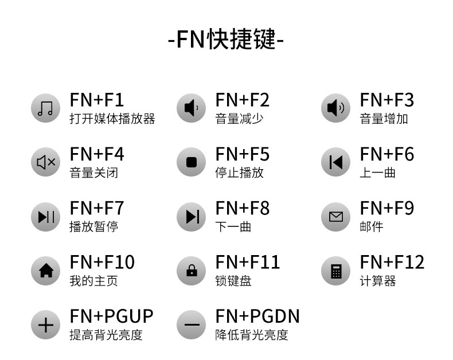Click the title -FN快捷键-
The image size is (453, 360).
(x=226, y=39)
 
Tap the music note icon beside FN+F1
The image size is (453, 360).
(x=45, y=108)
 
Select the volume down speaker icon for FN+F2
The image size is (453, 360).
(x=191, y=108)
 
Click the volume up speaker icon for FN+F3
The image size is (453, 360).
(x=335, y=108)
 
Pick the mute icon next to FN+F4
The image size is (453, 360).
(x=45, y=162)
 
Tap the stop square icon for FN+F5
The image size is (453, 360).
(x=191, y=162)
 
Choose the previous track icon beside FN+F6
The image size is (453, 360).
(x=335, y=162)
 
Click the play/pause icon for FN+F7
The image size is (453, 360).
(x=45, y=217)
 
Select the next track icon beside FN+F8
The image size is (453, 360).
(x=191, y=217)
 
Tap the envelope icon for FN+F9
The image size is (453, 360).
(x=335, y=217)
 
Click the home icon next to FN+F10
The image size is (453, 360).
(x=45, y=271)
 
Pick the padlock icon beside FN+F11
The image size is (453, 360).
(x=191, y=271)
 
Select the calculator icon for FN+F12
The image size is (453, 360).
(x=335, y=271)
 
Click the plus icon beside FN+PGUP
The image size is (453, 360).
(x=45, y=325)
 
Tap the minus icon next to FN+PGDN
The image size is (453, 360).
(x=191, y=325)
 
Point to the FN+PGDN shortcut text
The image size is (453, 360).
(x=257, y=316)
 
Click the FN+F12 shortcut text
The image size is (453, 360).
(x=392, y=263)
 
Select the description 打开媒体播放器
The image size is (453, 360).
(x=112, y=119)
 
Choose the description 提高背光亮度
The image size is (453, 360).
(x=106, y=335)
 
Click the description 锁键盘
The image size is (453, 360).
(x=233, y=281)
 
